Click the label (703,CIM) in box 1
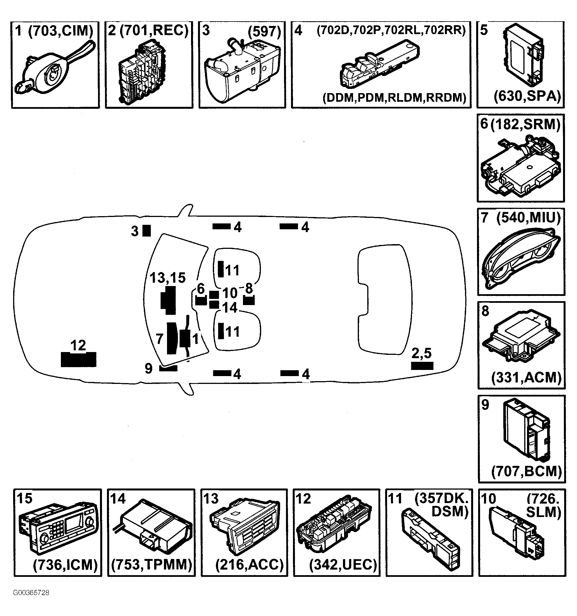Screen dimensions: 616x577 pos(61,31)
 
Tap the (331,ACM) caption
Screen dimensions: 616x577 pos(526,377)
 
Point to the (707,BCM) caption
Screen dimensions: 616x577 pos(526,471)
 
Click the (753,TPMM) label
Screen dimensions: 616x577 pos(151,565)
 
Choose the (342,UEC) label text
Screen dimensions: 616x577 pos(343,565)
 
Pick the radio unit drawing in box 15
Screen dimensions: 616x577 pos(58,530)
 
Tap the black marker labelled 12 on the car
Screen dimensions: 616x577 pos(78,359)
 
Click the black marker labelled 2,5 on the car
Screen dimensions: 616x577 pos(422,366)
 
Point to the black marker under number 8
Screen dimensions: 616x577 pos(249,300)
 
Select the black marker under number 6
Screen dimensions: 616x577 pos(201,300)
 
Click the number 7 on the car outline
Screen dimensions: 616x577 pos(159,339)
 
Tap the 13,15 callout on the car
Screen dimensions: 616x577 pos(168,278)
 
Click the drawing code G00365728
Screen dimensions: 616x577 pos(31,593)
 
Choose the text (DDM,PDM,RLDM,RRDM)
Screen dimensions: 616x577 pos(394,98)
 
